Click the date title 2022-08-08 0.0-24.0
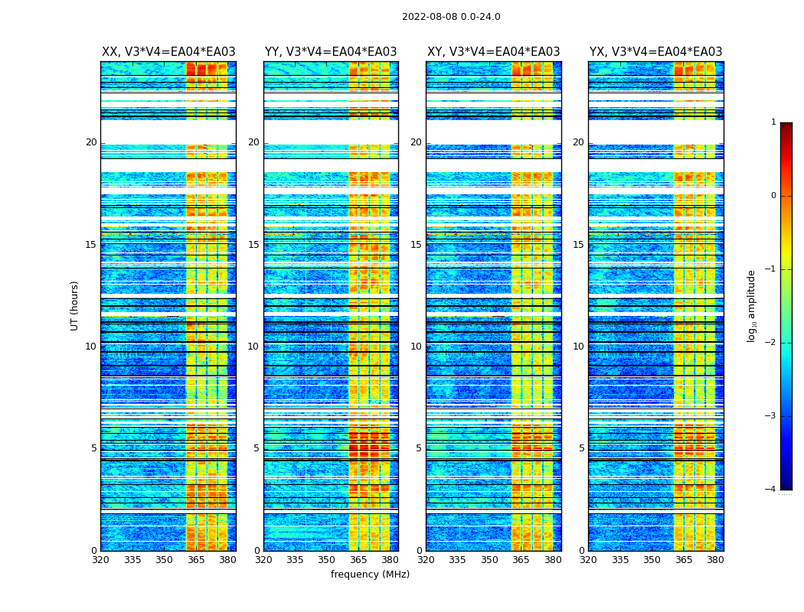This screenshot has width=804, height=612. click(x=451, y=17)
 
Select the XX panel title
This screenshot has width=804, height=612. click(x=168, y=52)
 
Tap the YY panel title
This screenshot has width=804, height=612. click(x=331, y=52)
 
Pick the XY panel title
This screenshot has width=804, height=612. click(x=493, y=52)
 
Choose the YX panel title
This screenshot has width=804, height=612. click(x=655, y=52)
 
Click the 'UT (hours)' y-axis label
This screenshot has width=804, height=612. click(x=75, y=305)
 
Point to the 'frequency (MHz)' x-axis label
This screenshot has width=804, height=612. click(x=370, y=575)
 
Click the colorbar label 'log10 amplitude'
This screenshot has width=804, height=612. click(x=752, y=305)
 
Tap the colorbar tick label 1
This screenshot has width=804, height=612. click(x=773, y=122)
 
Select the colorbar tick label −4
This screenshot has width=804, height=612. click(x=771, y=490)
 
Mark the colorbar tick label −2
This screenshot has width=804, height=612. click(x=771, y=343)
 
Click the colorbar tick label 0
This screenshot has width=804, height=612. click(x=773, y=196)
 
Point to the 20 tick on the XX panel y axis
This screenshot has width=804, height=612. click(x=91, y=142)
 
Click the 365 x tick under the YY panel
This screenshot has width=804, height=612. click(x=358, y=560)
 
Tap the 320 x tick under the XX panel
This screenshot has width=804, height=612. click(x=100, y=560)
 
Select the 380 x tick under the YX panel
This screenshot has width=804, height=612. click(x=715, y=560)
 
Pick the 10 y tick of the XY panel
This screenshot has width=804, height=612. click(x=416, y=347)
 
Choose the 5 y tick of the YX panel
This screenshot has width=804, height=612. click(x=581, y=448)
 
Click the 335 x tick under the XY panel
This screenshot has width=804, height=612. click(x=457, y=560)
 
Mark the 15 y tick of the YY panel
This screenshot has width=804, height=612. click(x=253, y=245)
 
